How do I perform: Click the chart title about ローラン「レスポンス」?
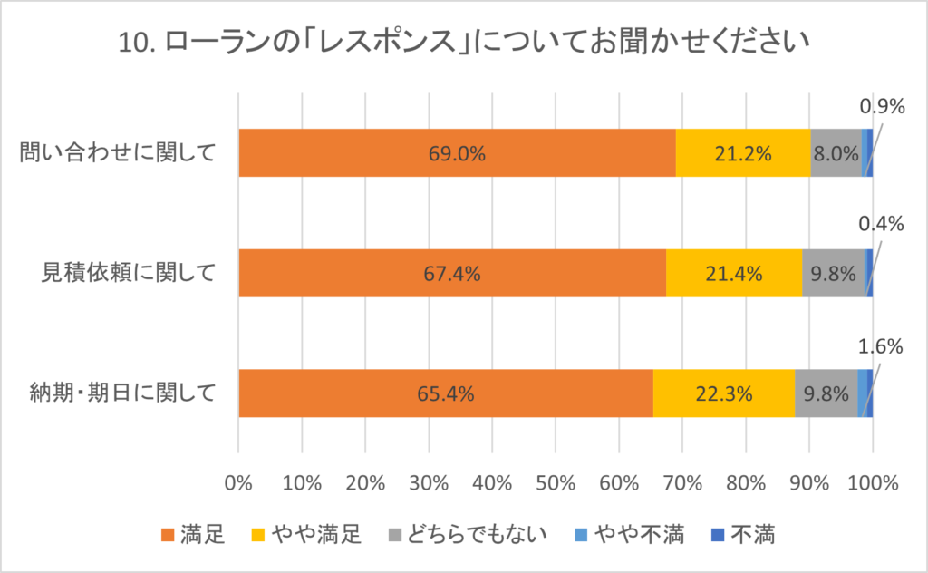[x=464, y=43]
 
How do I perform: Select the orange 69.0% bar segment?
[x=458, y=153]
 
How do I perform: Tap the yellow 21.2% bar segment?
[x=743, y=153]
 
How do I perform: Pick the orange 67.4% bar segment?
[x=451, y=273]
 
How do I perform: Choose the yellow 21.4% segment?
[x=734, y=273]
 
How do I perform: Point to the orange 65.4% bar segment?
[x=445, y=393]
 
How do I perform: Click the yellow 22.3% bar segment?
[x=724, y=393]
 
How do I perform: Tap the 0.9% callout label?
[x=882, y=107]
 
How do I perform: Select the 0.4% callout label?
[x=882, y=223]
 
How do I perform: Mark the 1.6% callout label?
[x=882, y=345]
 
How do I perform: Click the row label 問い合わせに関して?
[x=118, y=153]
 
